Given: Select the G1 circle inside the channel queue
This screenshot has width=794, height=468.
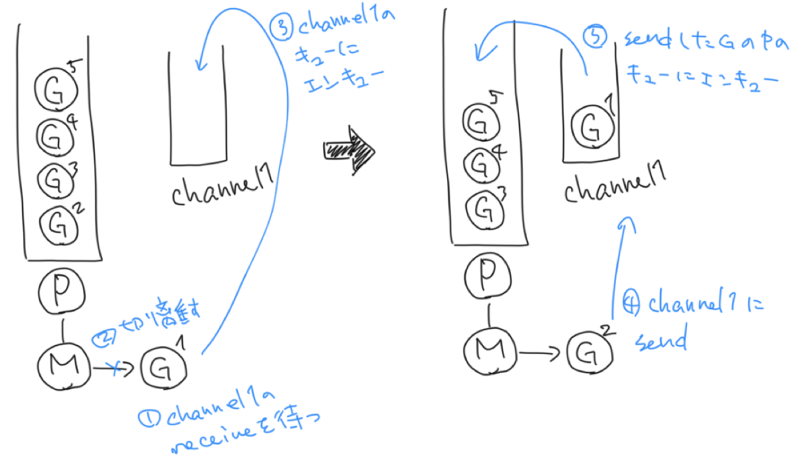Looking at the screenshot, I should tap(589, 126).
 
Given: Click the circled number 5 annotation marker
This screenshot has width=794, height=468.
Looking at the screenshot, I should tap(596, 40).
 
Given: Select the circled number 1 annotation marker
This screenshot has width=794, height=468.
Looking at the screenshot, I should tap(147, 417).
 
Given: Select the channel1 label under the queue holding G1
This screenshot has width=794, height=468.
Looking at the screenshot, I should tap(614, 188).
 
